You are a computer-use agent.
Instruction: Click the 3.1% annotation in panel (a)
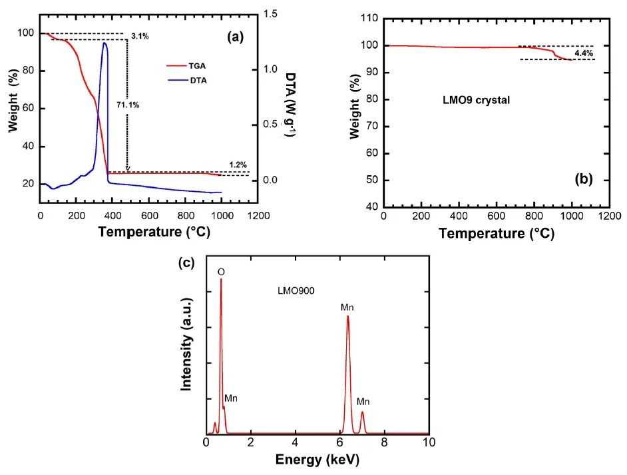140,37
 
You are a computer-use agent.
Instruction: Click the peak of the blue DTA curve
104,43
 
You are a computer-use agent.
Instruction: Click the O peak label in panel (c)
221,272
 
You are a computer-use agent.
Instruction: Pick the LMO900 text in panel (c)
296,290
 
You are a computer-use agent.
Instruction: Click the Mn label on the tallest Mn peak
347,307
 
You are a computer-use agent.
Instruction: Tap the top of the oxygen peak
221,280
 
